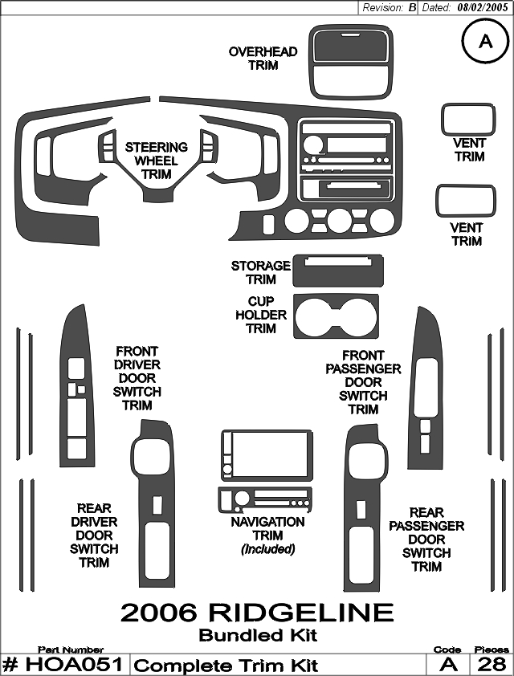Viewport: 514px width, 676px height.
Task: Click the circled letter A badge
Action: pos(486,41)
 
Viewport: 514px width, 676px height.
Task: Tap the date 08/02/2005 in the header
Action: pos(483,7)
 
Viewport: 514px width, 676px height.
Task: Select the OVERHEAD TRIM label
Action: pos(263,59)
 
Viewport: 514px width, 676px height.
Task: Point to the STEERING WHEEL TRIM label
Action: pos(157,161)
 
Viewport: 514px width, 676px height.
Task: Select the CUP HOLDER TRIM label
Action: pos(261,315)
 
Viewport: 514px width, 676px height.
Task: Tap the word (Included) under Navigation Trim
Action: pos(268,549)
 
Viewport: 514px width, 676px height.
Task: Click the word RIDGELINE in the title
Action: pos(301,613)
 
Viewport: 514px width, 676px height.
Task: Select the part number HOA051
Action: pos(75,665)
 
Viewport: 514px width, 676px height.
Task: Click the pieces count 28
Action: pos(492,665)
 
